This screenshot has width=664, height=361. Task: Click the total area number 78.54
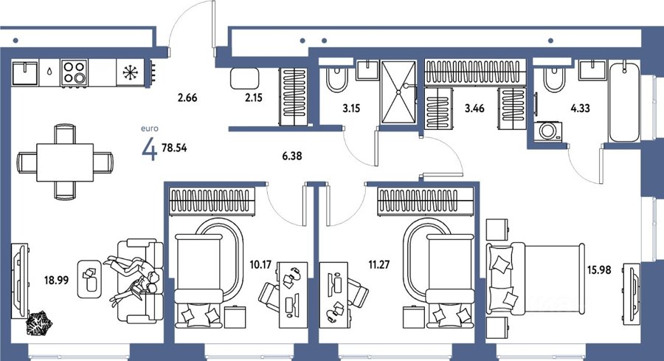[174, 148]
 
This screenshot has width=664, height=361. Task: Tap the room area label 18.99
[56, 280]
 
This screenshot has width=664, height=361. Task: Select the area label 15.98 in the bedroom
[599, 269]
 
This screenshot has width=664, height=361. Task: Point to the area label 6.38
[292, 156]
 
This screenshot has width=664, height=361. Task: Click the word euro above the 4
[150, 128]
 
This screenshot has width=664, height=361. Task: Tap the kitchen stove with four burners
[74, 73]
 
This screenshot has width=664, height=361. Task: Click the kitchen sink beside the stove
[25, 73]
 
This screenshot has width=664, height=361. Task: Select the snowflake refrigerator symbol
[131, 73]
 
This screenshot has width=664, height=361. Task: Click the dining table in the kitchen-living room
[65, 162]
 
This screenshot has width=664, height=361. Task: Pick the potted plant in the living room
[38, 323]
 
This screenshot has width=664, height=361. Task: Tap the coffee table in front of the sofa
[89, 278]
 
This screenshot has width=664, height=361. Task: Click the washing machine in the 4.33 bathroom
[548, 131]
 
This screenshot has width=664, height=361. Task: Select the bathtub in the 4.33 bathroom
[623, 103]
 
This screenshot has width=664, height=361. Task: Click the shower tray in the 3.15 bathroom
[398, 92]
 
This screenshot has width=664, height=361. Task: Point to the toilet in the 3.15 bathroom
[336, 79]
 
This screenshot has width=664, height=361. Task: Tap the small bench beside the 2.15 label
[244, 78]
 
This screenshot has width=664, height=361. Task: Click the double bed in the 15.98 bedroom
[536, 279]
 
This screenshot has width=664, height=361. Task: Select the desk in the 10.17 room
[293, 295]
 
